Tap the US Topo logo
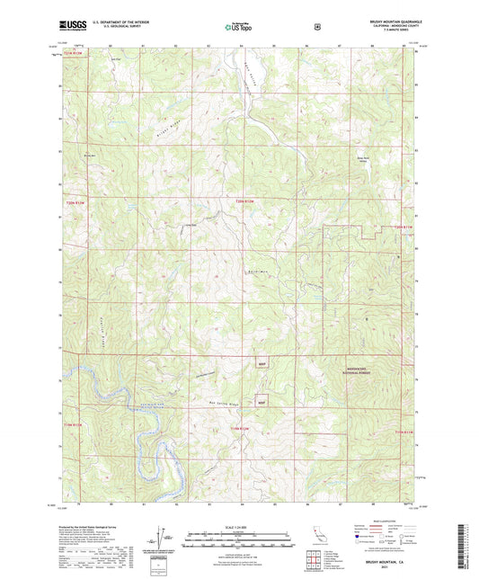click(x=238, y=27)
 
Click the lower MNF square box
click(x=261, y=402)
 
